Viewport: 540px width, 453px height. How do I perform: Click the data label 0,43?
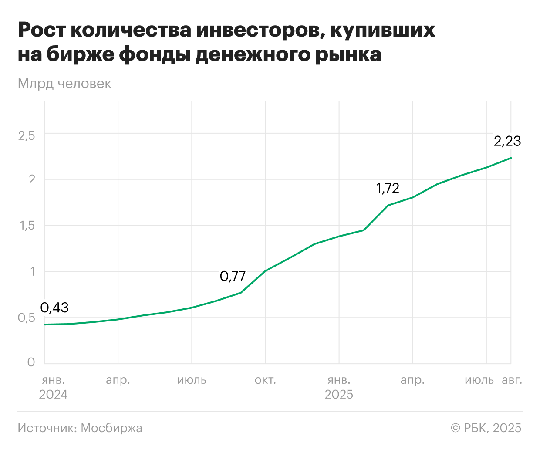click(x=54, y=308)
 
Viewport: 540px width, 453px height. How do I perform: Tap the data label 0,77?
click(x=233, y=276)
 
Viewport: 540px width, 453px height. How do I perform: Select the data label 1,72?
click(x=388, y=188)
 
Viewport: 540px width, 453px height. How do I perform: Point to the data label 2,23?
click(x=507, y=141)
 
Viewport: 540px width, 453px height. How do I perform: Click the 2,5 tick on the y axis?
click(x=27, y=135)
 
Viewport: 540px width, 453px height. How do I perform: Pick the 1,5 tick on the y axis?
click(x=27, y=226)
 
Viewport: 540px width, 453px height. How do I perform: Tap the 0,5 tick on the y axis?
click(x=27, y=318)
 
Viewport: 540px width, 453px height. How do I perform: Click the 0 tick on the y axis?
click(x=31, y=362)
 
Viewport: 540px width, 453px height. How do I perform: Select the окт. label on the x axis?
click(x=265, y=380)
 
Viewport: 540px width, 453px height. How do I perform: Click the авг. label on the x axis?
click(x=512, y=380)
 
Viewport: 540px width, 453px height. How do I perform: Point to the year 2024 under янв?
click(x=53, y=395)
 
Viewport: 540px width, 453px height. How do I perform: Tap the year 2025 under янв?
click(x=339, y=395)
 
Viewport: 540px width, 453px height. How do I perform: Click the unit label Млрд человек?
click(x=64, y=84)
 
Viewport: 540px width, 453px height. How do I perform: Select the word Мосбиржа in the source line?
click(x=111, y=428)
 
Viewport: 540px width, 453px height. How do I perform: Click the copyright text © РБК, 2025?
click(x=486, y=428)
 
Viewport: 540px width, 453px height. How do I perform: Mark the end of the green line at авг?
click(x=511, y=158)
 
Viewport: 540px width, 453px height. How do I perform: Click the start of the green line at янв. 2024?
click(x=44, y=325)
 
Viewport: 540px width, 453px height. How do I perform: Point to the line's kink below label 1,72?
click(x=388, y=205)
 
